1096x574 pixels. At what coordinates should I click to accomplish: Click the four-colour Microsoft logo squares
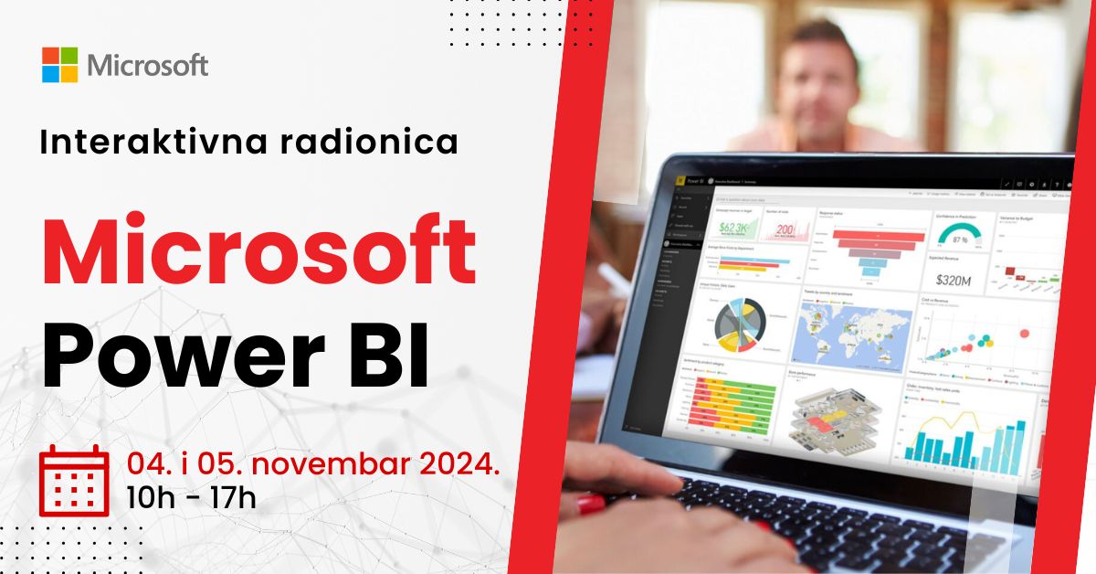59,65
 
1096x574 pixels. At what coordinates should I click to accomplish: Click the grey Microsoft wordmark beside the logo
147,66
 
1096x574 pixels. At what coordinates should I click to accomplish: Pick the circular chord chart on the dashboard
738,324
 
